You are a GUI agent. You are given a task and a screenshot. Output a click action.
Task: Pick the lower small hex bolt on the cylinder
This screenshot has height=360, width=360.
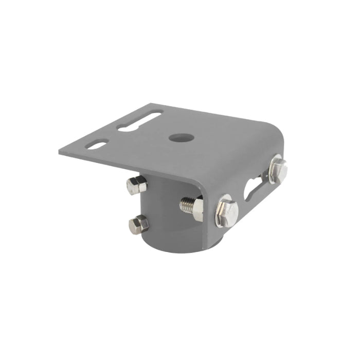click(138, 224)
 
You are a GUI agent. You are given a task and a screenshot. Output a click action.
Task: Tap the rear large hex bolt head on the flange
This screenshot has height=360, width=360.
click(278, 170)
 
